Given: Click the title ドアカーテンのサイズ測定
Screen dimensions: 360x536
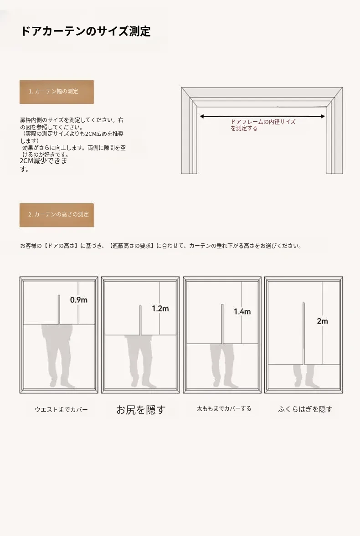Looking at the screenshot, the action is point(86,31).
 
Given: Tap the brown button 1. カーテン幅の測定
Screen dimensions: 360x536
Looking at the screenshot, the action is point(57,92).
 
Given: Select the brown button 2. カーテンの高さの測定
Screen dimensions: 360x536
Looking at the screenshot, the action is point(57,215).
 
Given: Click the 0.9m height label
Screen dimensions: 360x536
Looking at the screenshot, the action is point(79,300).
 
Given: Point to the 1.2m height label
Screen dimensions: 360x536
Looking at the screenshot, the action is point(160,309).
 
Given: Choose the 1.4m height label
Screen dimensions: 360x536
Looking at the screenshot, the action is point(242,311).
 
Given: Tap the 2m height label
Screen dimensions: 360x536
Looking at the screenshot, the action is point(322,321).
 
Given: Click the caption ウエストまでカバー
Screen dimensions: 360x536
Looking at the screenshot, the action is point(61,409).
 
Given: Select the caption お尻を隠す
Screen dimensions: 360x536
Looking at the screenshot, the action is point(141,409).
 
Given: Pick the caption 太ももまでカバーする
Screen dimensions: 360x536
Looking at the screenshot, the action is point(224,408).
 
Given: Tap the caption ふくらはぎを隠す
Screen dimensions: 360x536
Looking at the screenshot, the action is point(305,409).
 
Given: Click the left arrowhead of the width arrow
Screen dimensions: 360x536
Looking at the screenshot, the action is point(202,117).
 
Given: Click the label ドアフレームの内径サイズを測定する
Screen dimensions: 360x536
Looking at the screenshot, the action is point(263,125).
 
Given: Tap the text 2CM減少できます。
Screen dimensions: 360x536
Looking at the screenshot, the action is point(43,165).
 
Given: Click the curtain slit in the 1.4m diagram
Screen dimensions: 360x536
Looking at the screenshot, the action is point(222,324).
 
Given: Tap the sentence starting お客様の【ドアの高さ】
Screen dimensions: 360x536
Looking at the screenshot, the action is point(161,246).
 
